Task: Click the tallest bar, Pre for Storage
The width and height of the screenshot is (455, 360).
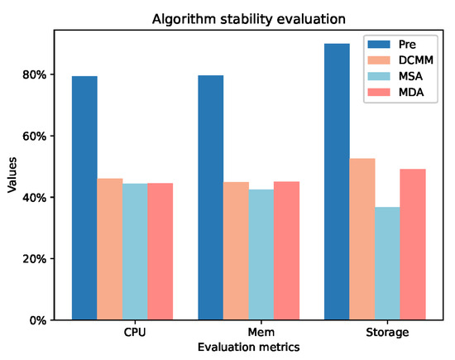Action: point(337,181)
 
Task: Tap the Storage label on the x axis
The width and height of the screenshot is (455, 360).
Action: point(386,333)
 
